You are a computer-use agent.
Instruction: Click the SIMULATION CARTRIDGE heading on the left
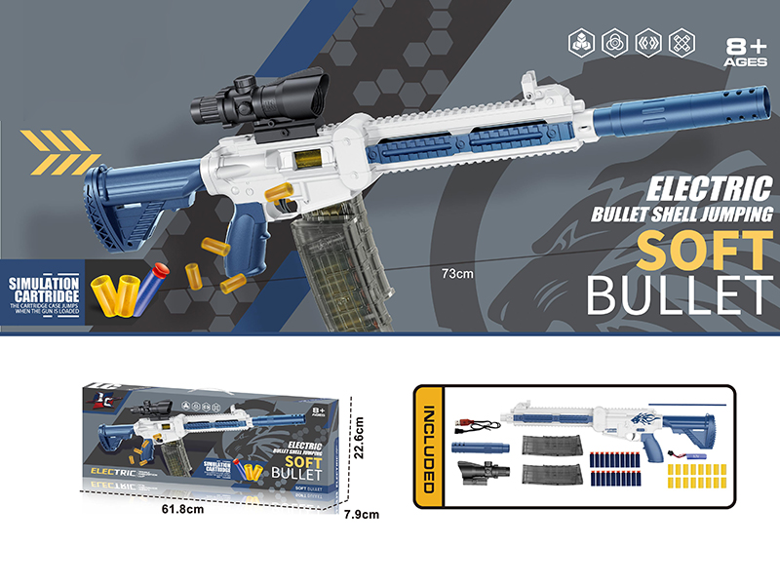point(43,288)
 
